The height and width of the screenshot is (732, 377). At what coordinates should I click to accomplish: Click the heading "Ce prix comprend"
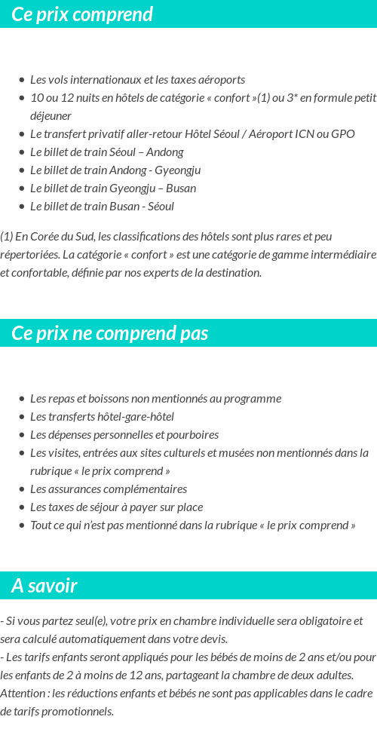click(82, 14)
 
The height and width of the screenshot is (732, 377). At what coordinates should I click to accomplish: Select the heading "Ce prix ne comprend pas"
click(110, 333)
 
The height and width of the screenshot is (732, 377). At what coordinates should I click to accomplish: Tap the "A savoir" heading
click(44, 586)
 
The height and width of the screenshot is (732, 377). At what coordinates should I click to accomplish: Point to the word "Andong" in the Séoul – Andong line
click(165, 152)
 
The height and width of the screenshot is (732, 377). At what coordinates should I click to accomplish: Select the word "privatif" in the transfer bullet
click(112, 133)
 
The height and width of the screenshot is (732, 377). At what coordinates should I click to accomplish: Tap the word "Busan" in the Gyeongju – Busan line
click(180, 188)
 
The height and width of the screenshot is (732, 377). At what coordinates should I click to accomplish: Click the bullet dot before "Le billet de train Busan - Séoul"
click(22, 207)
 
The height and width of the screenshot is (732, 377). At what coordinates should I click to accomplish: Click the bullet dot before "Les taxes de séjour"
click(22, 507)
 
